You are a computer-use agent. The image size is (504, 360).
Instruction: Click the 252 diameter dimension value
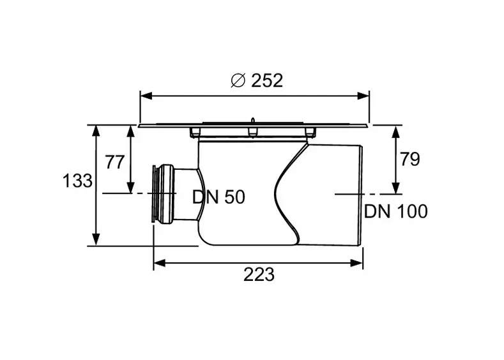point(267,80)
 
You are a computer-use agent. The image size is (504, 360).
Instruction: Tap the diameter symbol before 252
point(238,80)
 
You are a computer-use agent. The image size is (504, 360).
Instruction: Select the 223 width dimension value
point(259,274)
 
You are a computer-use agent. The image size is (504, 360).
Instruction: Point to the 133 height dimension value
point(77,181)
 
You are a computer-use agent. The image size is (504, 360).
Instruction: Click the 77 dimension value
point(115,162)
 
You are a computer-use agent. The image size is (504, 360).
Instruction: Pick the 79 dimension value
point(410,160)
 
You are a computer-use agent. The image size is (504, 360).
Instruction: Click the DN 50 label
point(218,197)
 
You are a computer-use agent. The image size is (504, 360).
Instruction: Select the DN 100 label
point(395,211)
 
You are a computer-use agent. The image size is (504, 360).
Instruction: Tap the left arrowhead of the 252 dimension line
point(146,96)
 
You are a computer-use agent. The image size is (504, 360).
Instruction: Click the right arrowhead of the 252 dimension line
point(363,96)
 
